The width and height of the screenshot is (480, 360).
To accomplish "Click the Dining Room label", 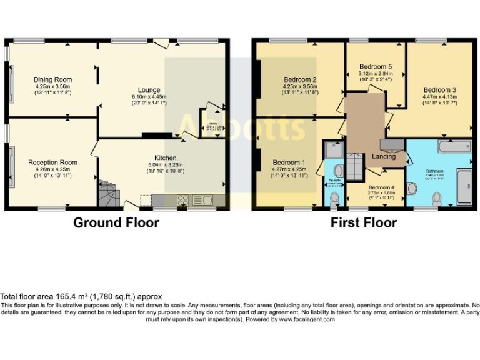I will (53, 79).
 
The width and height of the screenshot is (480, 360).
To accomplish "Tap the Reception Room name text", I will (53, 162).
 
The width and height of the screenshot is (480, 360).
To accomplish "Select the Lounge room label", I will (146, 90).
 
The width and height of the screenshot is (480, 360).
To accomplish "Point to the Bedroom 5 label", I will (377, 67).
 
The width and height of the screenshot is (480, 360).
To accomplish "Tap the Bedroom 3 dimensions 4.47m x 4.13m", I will (440, 97).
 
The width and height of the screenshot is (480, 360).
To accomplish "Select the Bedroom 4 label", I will (381, 187).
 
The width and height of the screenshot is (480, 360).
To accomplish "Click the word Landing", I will (384, 157).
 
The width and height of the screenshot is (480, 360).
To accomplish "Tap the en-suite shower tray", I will (332, 149).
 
